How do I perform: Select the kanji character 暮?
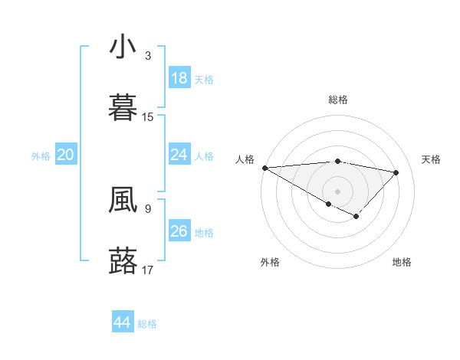(123, 107)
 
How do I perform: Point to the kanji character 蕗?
(123, 260)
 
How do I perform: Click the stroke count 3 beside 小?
(148, 56)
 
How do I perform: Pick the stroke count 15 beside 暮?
(148, 117)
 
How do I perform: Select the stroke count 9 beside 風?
(148, 208)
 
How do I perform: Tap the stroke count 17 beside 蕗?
(148, 270)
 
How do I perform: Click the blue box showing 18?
(179, 78)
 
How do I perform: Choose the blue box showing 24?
(179, 155)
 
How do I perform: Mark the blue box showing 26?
(179, 231)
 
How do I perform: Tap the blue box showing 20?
(66, 155)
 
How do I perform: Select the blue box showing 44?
(123, 322)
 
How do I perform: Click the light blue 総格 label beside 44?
(147, 324)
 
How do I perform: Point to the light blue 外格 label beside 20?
(41, 155)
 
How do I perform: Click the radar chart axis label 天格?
(431, 159)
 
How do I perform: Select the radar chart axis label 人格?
(245, 159)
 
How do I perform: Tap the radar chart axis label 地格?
(402, 262)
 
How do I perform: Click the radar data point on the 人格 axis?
(264, 168)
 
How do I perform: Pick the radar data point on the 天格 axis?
(396, 172)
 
